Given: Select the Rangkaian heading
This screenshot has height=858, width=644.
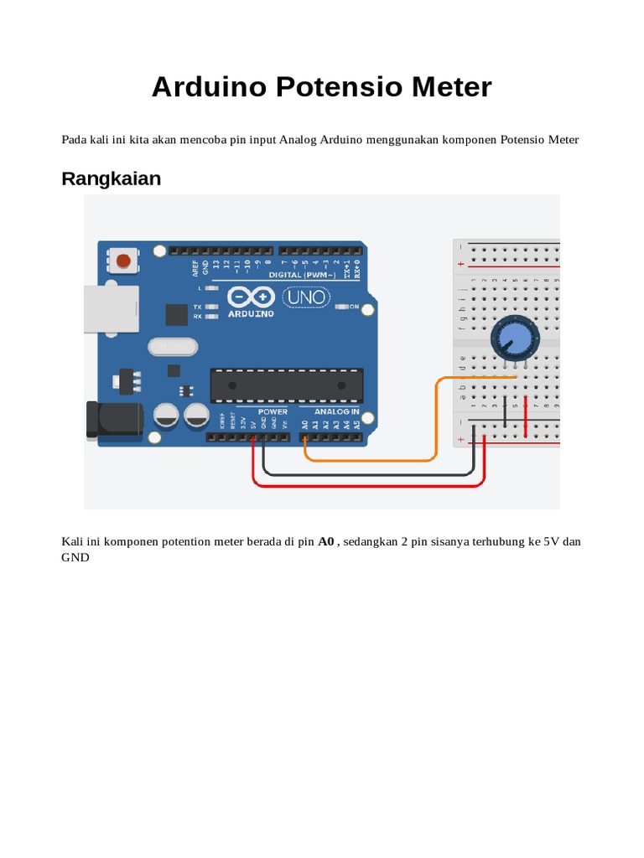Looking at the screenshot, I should (111, 178).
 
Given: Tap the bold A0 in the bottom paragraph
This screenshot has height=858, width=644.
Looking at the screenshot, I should (326, 541).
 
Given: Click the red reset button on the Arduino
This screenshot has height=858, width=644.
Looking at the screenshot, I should (124, 261).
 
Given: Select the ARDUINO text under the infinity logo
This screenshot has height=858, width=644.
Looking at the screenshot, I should (251, 313).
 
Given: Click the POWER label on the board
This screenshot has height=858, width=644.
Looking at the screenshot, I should (273, 411).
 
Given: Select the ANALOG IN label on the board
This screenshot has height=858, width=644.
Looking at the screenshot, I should (337, 411).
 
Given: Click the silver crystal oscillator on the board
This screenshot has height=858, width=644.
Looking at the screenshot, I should (172, 346).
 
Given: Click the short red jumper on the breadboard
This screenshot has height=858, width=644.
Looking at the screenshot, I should (525, 416).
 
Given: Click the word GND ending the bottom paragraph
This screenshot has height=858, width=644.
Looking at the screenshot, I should (75, 556).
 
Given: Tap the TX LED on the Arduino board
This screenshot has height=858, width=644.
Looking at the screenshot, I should (212, 308).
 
